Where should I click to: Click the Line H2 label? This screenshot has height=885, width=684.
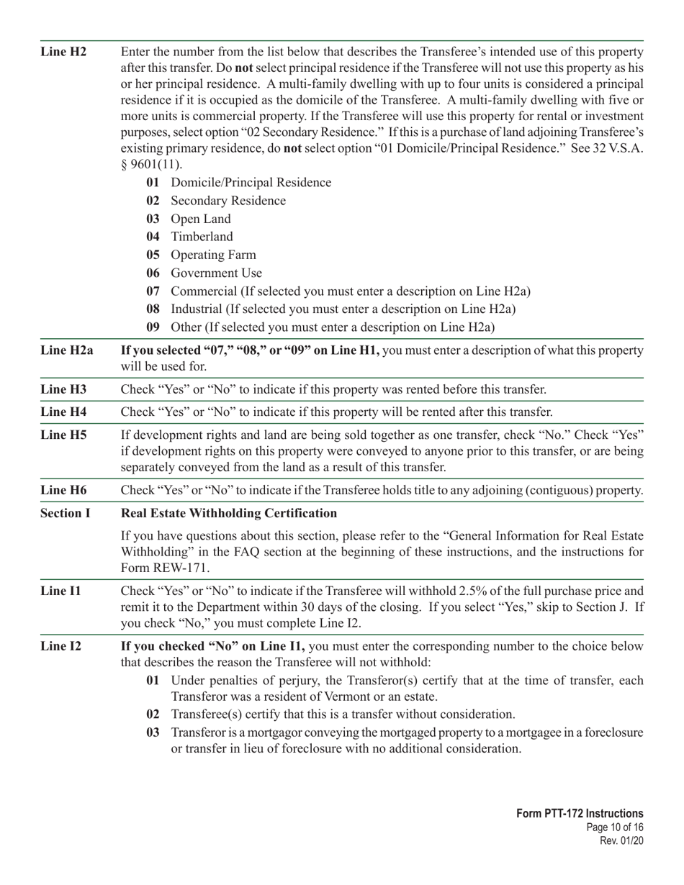click(63, 52)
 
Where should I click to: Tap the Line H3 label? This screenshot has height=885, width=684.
click(63, 389)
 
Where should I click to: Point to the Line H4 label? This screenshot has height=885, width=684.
click(63, 412)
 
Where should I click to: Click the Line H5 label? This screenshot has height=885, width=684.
click(63, 435)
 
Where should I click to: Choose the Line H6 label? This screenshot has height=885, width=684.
click(63, 490)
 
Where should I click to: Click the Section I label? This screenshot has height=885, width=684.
click(66, 513)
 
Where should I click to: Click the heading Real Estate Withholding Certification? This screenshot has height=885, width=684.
click(229, 513)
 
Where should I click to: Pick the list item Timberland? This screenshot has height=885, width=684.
click(202, 237)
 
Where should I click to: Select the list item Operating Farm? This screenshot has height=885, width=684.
click(213, 255)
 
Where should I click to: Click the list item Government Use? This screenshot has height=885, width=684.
click(216, 273)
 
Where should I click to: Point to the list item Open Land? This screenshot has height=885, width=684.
click(201, 219)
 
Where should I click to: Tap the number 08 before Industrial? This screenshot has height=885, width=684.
click(153, 309)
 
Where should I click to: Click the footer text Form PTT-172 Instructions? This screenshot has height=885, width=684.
click(580, 813)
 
